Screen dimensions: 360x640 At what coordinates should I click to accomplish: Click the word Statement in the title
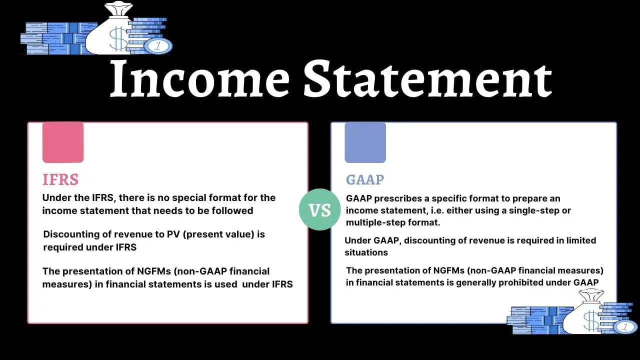427,79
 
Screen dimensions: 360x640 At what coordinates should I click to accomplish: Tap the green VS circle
319,209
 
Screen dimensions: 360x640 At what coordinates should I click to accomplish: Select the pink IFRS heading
60,179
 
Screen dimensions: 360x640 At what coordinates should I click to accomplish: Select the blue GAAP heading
365,180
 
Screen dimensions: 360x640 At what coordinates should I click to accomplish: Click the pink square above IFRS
63,142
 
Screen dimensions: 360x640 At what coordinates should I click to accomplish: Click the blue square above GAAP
365,142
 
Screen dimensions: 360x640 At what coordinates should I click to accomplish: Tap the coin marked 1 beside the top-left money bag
158,46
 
